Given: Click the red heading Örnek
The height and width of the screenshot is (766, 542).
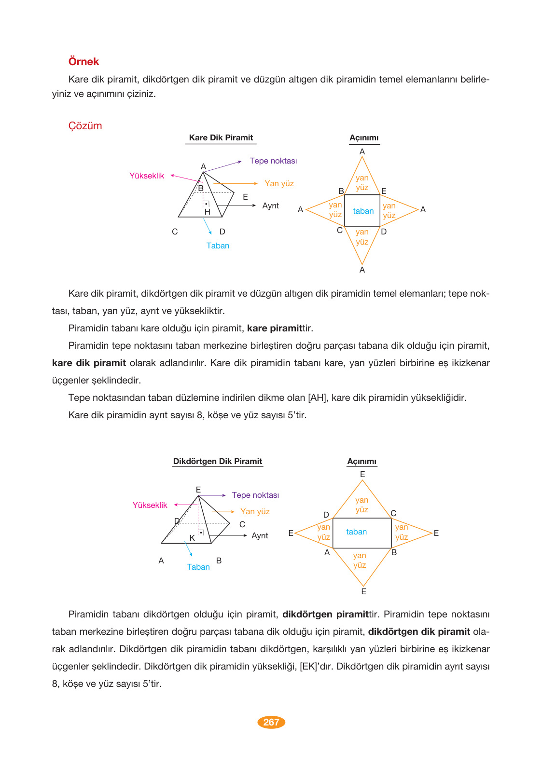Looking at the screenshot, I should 83,62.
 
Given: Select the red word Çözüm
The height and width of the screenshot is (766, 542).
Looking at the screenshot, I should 85,126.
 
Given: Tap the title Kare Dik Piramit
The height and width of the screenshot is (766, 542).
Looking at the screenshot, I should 221,138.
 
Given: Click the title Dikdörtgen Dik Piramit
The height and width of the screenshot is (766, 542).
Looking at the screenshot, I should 217,462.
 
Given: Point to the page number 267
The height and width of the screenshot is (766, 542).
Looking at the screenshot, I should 271,722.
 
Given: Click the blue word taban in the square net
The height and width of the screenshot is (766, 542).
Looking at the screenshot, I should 363,211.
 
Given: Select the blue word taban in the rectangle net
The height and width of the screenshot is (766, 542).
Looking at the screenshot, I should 356,532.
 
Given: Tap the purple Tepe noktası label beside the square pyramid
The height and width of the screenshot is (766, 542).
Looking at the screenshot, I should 273,161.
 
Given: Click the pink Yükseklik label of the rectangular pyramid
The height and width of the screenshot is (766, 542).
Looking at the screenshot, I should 150,506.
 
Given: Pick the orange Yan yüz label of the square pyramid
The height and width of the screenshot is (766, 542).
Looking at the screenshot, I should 279,184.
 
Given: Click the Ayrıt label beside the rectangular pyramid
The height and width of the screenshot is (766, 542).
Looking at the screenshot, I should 260,536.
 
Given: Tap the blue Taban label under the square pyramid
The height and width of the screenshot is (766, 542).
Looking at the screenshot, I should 218,246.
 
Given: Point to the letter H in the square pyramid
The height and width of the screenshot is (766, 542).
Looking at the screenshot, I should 208,212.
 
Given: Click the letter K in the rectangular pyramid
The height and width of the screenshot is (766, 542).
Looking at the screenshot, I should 192,538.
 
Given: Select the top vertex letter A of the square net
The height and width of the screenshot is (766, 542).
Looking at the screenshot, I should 362,152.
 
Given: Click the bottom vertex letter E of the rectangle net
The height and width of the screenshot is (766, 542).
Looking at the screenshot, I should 363,592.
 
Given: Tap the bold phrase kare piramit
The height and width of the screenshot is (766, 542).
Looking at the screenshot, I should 275,328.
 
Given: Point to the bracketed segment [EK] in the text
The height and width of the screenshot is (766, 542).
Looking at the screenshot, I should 309,667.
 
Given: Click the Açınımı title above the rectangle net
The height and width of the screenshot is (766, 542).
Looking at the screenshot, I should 361,462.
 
